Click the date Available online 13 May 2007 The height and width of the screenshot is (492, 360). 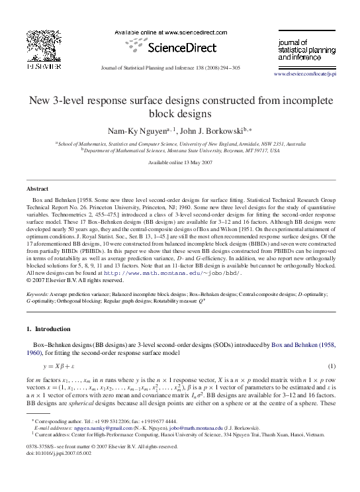(180, 162)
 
